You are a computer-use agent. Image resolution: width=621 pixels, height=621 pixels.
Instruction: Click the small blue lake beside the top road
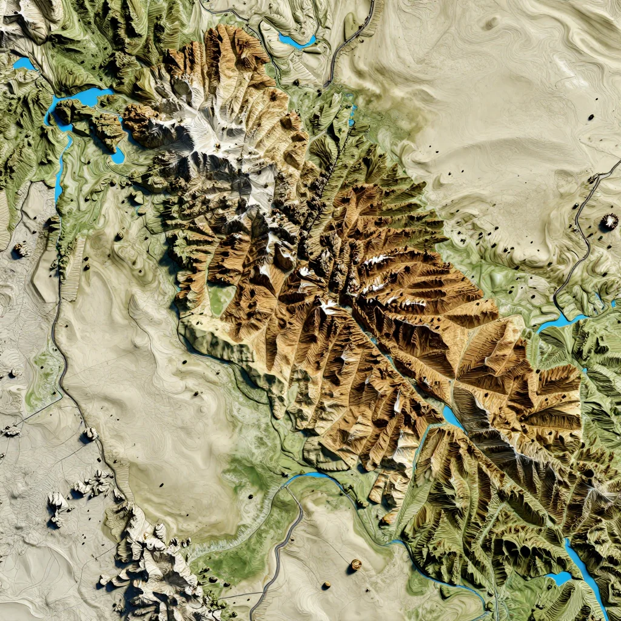pyautogui.click(x=297, y=41)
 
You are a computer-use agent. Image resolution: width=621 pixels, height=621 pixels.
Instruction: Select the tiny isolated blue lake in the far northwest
pyautogui.click(x=24, y=63)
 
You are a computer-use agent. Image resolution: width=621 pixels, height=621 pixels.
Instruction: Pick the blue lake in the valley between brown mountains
pyautogui.click(x=452, y=417)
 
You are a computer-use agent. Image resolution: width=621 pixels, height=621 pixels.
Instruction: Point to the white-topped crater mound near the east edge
pyautogui.click(x=608, y=223)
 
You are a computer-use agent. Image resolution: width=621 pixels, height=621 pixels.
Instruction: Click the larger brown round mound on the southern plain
pyautogui.click(x=355, y=565)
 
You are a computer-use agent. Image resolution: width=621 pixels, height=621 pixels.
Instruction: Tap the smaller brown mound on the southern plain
pyautogui.click(x=327, y=585)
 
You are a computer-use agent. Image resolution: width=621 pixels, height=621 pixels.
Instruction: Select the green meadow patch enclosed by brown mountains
pyautogui.click(x=221, y=299)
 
